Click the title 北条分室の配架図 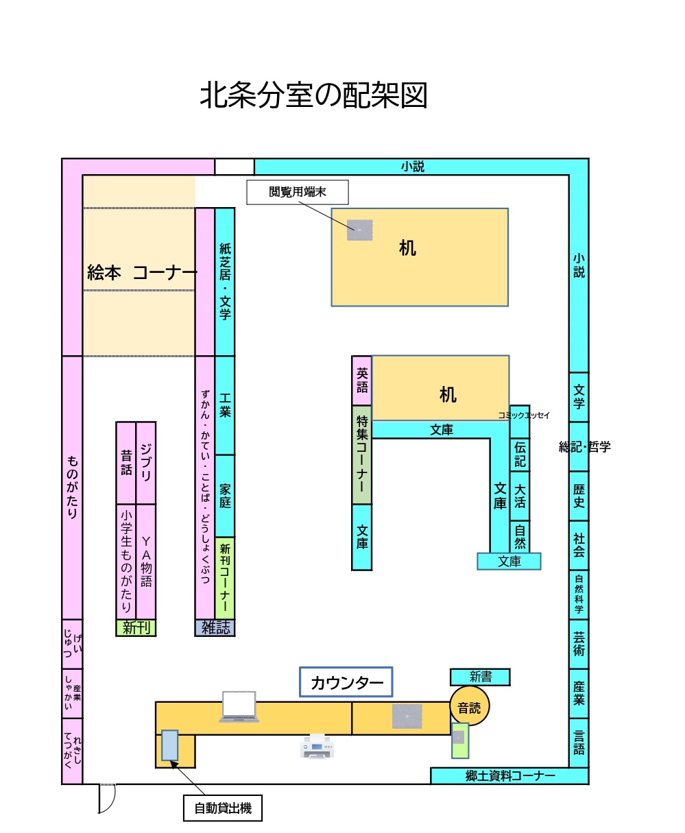point(313,96)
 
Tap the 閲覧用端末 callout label point(298,193)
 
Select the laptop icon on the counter point(239,707)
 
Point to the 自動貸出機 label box point(223,808)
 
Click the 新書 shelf point(480,677)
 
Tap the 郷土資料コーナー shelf point(509,776)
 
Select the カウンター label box point(346,683)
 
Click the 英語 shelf point(362,381)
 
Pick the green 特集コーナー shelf point(362,455)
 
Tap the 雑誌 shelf point(215,628)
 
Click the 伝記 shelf point(520,452)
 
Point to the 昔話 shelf point(126,463)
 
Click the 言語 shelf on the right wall point(579,743)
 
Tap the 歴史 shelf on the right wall point(579,496)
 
